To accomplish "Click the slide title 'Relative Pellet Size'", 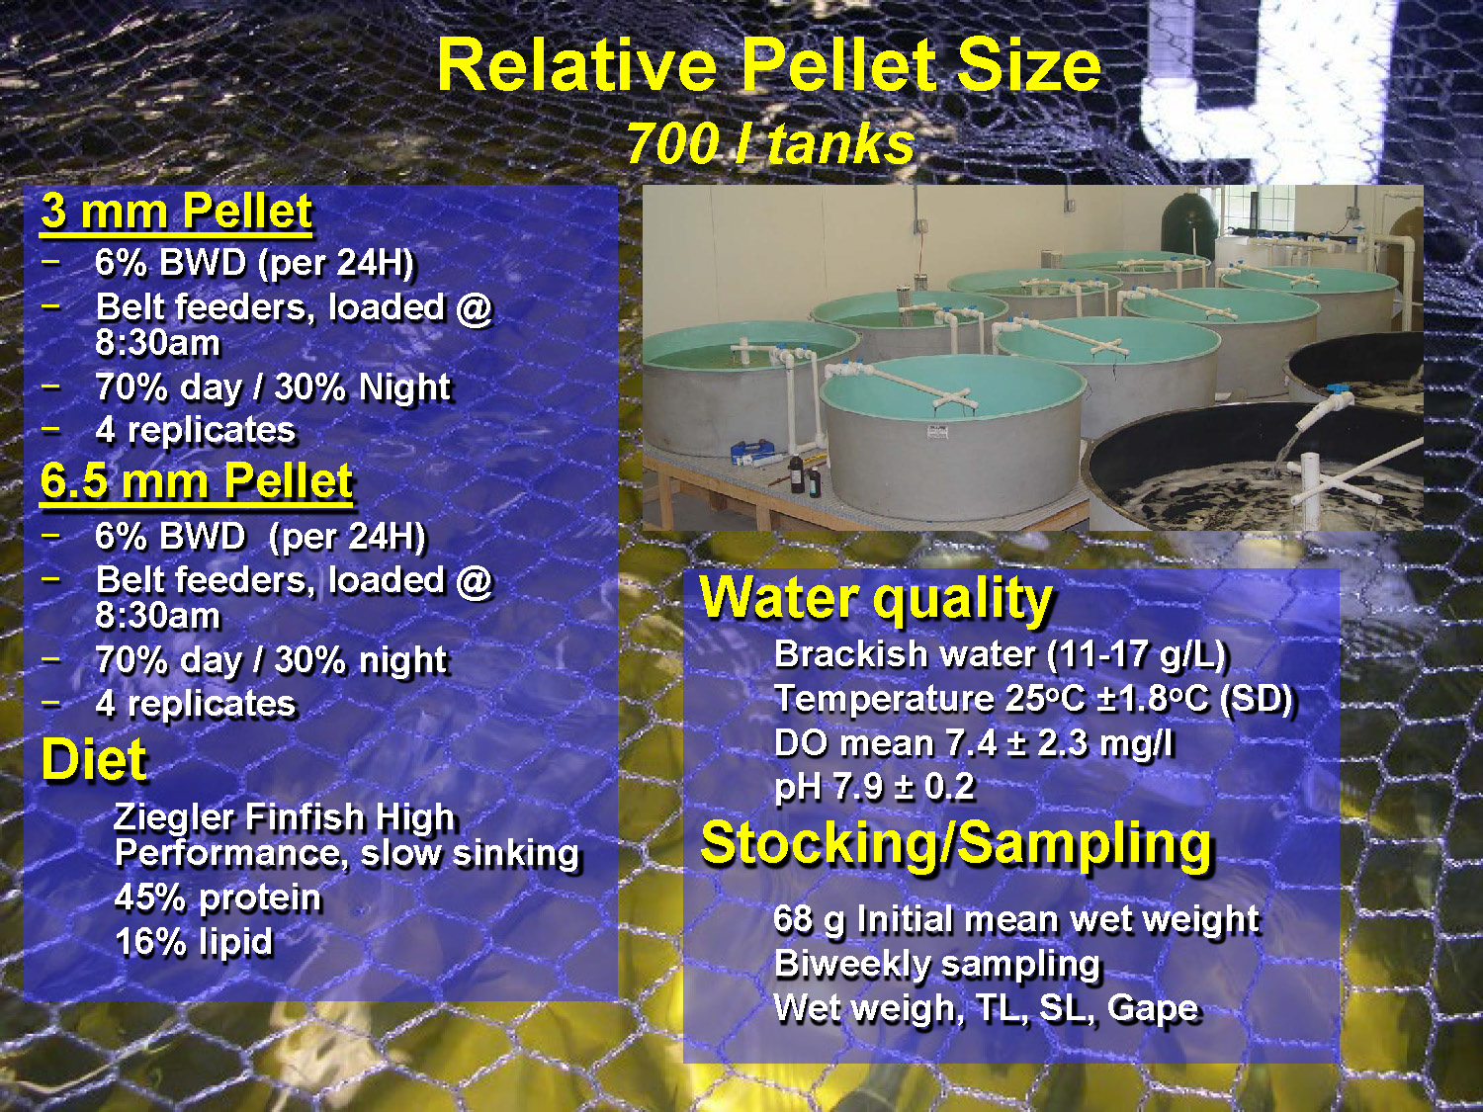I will point(768,65).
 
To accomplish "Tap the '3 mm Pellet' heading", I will point(177,212).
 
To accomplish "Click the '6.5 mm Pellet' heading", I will point(196,482).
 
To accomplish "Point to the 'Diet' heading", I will point(94,760).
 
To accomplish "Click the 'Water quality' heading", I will point(876,598).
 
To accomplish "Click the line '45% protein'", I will point(218,898).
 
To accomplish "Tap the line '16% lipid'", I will point(194,942).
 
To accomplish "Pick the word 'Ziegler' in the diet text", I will point(174,817).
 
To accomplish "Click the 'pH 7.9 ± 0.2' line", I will point(874,787).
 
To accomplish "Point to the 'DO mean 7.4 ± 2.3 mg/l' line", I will point(973,743).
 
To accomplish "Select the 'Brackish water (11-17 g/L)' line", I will point(1000,654).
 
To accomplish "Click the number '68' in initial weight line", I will point(794,919).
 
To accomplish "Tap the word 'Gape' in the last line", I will point(1153,1008).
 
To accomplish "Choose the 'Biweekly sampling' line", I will point(936,964).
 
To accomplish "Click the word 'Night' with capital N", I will point(405,387).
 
